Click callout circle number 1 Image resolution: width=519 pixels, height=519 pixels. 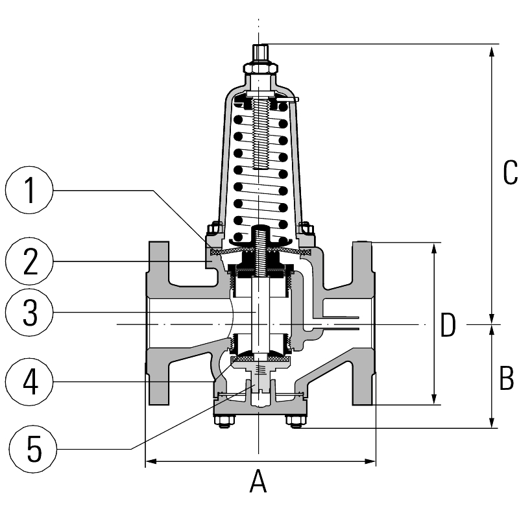29,190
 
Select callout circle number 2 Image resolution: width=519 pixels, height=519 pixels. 29,261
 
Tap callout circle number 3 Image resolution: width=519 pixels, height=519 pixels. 29,313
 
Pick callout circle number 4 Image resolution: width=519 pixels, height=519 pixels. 29,381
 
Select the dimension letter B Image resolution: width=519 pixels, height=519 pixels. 507,378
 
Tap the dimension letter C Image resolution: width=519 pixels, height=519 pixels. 510,173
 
